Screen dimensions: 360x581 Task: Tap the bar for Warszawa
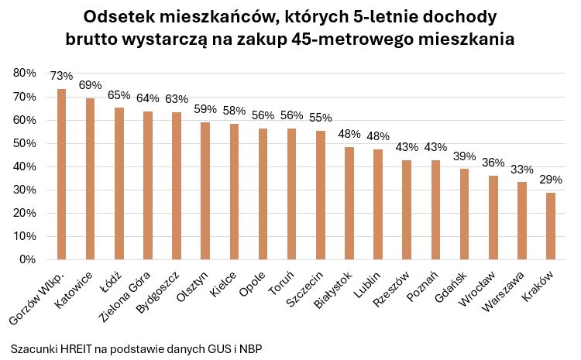[x=522, y=221]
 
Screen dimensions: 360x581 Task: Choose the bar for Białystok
[x=349, y=203]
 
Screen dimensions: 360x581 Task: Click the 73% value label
[x=62, y=76]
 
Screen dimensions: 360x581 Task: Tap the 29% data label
[x=551, y=180]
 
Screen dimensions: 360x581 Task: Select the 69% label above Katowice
[x=91, y=85]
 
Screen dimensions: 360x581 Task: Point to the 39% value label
[x=465, y=156]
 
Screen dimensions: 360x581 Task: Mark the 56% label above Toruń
[x=292, y=115]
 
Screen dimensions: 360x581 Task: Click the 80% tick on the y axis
[x=25, y=73]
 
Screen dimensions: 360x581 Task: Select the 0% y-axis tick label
[x=28, y=259]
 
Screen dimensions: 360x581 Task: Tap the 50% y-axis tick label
[x=25, y=143]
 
